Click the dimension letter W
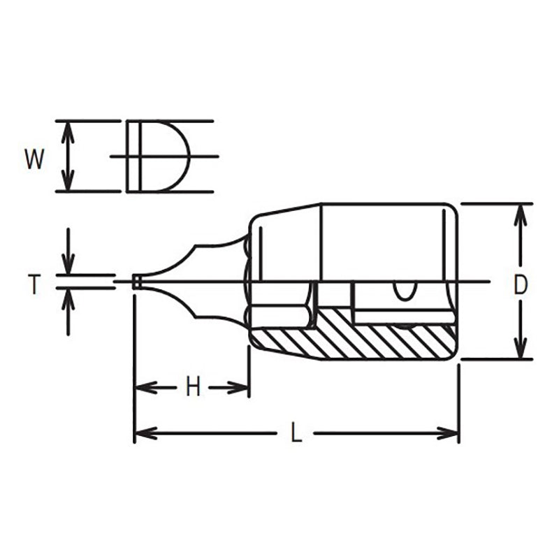click(34, 159)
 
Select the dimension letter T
click(33, 284)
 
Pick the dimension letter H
click(193, 386)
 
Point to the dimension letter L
click(296, 433)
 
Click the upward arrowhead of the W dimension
click(67, 130)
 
